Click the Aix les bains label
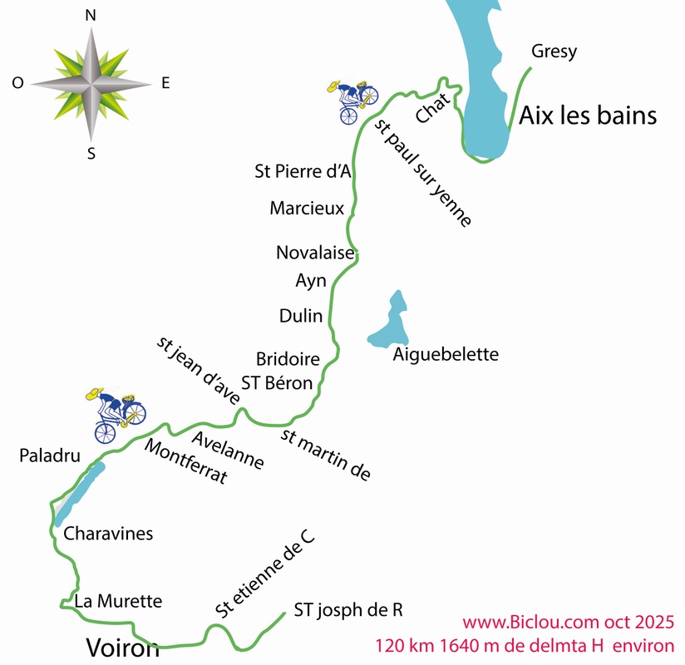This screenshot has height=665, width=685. tap(588, 116)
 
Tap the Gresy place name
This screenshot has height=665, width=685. tap(553, 52)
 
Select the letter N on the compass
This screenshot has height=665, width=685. tap(91, 15)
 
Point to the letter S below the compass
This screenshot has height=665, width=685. tap(91, 152)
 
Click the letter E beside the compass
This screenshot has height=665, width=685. tap(165, 82)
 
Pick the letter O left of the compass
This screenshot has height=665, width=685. tap(17, 82)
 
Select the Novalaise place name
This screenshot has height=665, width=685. tap(315, 252)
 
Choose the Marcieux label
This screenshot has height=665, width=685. tap(307, 208)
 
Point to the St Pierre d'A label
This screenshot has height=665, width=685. tap(303, 171)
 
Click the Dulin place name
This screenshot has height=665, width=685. tap(300, 315)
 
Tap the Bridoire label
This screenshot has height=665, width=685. tap(288, 359)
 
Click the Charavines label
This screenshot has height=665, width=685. tap(108, 534)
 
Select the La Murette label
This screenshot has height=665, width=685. tap(117, 600)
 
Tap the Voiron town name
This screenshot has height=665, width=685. tap(122, 647)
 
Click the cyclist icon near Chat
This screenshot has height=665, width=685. tap(354, 101)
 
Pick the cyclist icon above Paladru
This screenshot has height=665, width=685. tap(116, 411)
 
